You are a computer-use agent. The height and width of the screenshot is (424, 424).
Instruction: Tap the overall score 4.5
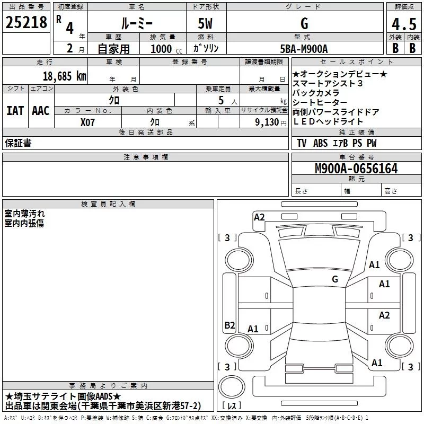pyautogui.click(x=403, y=25)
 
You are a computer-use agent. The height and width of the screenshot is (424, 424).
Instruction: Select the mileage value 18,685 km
pyautogui.click(x=64, y=76)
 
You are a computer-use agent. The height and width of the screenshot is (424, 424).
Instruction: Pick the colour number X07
pyautogui.click(x=88, y=122)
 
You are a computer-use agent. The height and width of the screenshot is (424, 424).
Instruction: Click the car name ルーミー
pyautogui.click(x=136, y=24)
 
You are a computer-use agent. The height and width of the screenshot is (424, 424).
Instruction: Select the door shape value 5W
pyautogui.click(x=206, y=24)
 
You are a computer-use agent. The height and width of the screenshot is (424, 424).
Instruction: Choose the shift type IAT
pyautogui.click(x=15, y=111)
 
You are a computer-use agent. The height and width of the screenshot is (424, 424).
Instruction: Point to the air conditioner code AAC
pyautogui.click(x=40, y=111)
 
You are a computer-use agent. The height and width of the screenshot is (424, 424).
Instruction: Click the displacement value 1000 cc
pyautogui.click(x=165, y=49)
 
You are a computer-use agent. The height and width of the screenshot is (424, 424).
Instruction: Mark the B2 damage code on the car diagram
pyautogui.click(x=229, y=325)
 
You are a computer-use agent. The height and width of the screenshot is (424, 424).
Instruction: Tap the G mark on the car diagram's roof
pyautogui.click(x=335, y=279)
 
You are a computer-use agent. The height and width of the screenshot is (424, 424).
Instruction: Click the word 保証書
pyautogui.click(x=18, y=143)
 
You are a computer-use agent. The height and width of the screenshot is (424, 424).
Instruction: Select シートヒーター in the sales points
pyautogui.click(x=320, y=102)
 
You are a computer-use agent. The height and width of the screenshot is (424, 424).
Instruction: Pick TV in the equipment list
pyautogui.click(x=302, y=143)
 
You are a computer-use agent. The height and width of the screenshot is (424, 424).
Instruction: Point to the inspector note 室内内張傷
pyautogui.click(x=24, y=223)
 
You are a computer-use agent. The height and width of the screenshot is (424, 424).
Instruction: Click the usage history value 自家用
pyautogui.click(x=113, y=49)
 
